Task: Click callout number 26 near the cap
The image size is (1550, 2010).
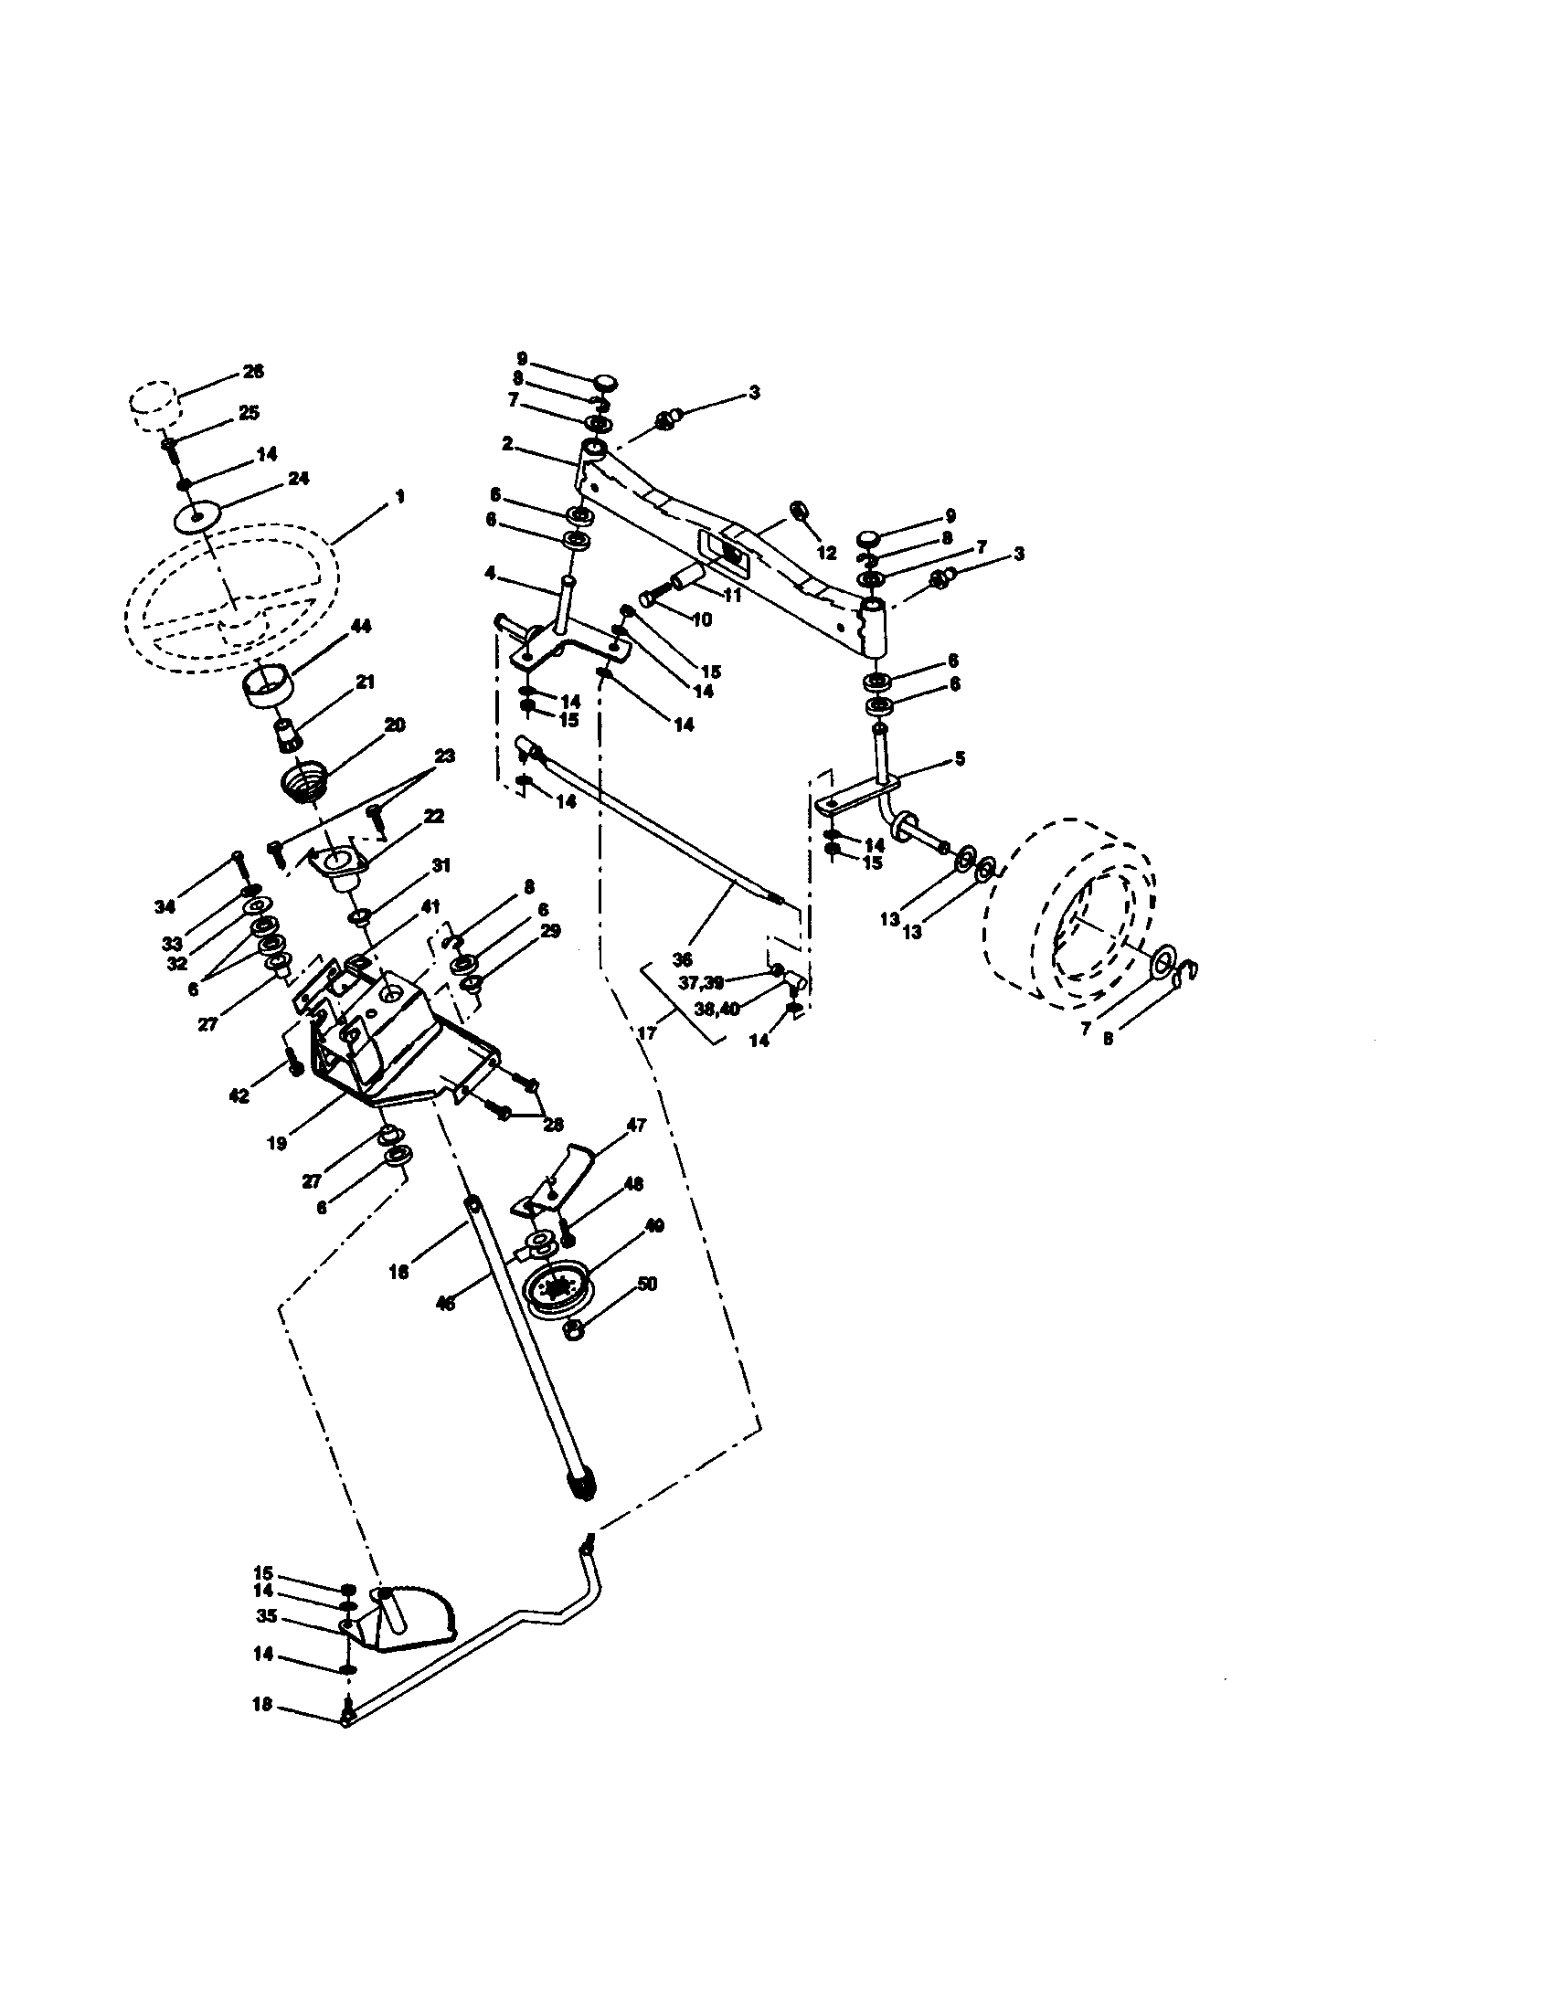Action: pyautogui.click(x=252, y=371)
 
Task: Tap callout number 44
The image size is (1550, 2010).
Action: pyautogui.click(x=361, y=626)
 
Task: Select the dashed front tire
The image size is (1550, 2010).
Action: pyautogui.click(x=1067, y=907)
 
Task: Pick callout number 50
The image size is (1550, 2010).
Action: pyautogui.click(x=647, y=1284)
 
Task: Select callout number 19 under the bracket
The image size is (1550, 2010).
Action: pyautogui.click(x=277, y=1144)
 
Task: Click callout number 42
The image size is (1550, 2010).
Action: pyautogui.click(x=239, y=1096)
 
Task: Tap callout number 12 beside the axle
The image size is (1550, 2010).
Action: pyautogui.click(x=826, y=552)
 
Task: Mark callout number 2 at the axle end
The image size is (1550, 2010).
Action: pyautogui.click(x=507, y=444)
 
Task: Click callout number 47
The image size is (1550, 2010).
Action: pyautogui.click(x=636, y=1125)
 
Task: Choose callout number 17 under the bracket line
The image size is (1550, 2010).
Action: pyautogui.click(x=647, y=1033)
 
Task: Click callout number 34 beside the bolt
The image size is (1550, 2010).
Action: pyautogui.click(x=164, y=907)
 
